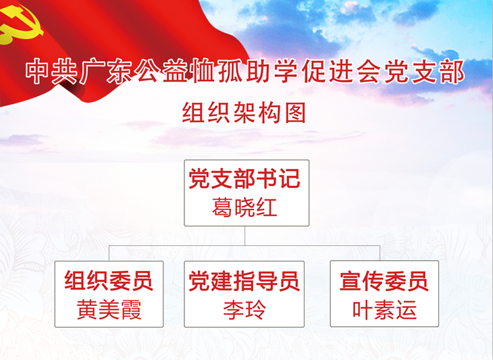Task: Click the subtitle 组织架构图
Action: coord(244,113)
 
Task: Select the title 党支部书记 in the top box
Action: coord(244,178)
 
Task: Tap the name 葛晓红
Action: coord(244,207)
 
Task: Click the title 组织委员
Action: coord(109,280)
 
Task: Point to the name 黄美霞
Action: coord(109,310)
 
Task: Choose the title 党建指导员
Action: coord(244,281)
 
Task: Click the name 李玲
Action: coord(244,310)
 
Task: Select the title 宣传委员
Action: coord(384,281)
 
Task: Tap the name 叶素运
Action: coord(384,310)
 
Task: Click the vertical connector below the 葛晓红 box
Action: coord(244,236)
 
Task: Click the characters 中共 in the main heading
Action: coord(51,72)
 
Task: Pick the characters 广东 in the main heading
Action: coord(105,72)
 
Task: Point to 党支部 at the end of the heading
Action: coord(425,72)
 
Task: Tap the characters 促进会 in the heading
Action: coord(342,72)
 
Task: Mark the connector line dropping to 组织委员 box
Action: coord(109,253)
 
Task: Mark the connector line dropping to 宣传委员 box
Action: coord(380,253)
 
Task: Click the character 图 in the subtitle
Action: coord(296,113)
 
